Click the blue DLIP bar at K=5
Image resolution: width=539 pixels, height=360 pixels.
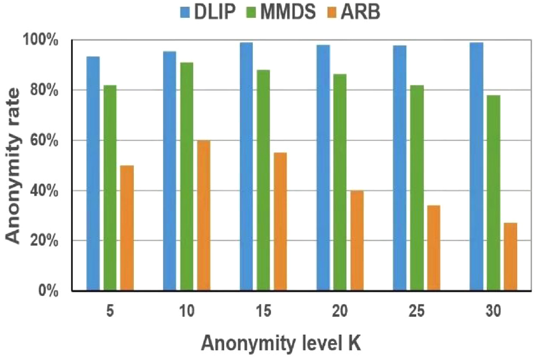[x=93, y=174]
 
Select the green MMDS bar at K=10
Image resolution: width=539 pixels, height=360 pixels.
[x=186, y=177]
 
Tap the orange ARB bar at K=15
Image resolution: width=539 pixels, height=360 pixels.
[x=280, y=222]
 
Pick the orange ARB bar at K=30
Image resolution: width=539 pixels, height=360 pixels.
[x=510, y=257]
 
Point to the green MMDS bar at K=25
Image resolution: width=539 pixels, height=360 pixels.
[x=417, y=188]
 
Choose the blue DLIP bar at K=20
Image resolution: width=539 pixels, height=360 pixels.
[x=323, y=168]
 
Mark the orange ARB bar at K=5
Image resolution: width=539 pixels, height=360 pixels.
[x=127, y=228]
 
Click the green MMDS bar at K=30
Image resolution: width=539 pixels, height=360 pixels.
[x=493, y=193]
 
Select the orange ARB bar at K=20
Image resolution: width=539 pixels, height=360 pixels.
[x=357, y=241]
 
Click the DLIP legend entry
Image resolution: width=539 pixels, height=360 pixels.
[x=208, y=12]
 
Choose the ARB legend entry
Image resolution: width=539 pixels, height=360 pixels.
[x=354, y=12]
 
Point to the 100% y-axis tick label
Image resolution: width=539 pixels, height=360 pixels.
[x=40, y=40]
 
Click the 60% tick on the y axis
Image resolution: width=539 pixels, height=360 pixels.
[x=44, y=141]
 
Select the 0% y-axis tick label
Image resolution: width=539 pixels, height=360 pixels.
[x=48, y=291]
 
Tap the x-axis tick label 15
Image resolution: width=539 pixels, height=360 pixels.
[x=263, y=311]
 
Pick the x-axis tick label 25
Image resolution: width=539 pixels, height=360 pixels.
[x=417, y=311]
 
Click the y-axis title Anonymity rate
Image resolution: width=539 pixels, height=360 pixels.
[x=13, y=166]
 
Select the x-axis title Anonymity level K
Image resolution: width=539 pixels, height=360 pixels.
[x=281, y=343]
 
